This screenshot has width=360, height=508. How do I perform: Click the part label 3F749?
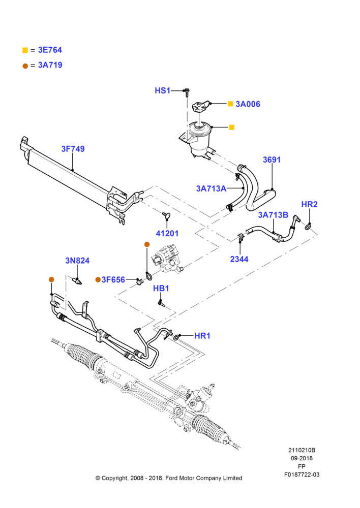tap(73, 149)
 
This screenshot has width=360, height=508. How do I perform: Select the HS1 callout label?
tap(163, 90)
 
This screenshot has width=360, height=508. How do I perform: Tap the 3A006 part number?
tap(248, 104)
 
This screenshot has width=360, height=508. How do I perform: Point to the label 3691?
tap(272, 160)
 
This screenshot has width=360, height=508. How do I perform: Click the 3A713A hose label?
tap(211, 188)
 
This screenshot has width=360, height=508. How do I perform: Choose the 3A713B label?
tap(273, 215)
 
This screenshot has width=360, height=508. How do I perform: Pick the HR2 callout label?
tap(309, 204)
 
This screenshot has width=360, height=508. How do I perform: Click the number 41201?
tap(167, 233)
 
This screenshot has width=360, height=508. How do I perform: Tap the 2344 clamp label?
tap(239, 259)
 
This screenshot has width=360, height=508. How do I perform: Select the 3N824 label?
tap(77, 261)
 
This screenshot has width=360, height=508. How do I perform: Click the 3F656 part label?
tap(113, 279)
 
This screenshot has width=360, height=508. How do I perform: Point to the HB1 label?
tap(161, 288)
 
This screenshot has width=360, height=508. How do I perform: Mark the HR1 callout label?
tap(202, 336)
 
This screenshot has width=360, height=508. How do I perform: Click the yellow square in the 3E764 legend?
tap(25, 50)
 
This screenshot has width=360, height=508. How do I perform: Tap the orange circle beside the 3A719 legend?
tap(25, 66)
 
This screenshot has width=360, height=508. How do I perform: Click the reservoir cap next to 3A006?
tap(199, 107)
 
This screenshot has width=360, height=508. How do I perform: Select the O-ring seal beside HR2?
tap(307, 228)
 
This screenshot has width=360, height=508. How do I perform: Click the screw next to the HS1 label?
tap(187, 91)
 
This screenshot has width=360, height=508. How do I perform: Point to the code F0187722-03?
tap(302, 474)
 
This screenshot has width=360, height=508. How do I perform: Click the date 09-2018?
tap(302, 458)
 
